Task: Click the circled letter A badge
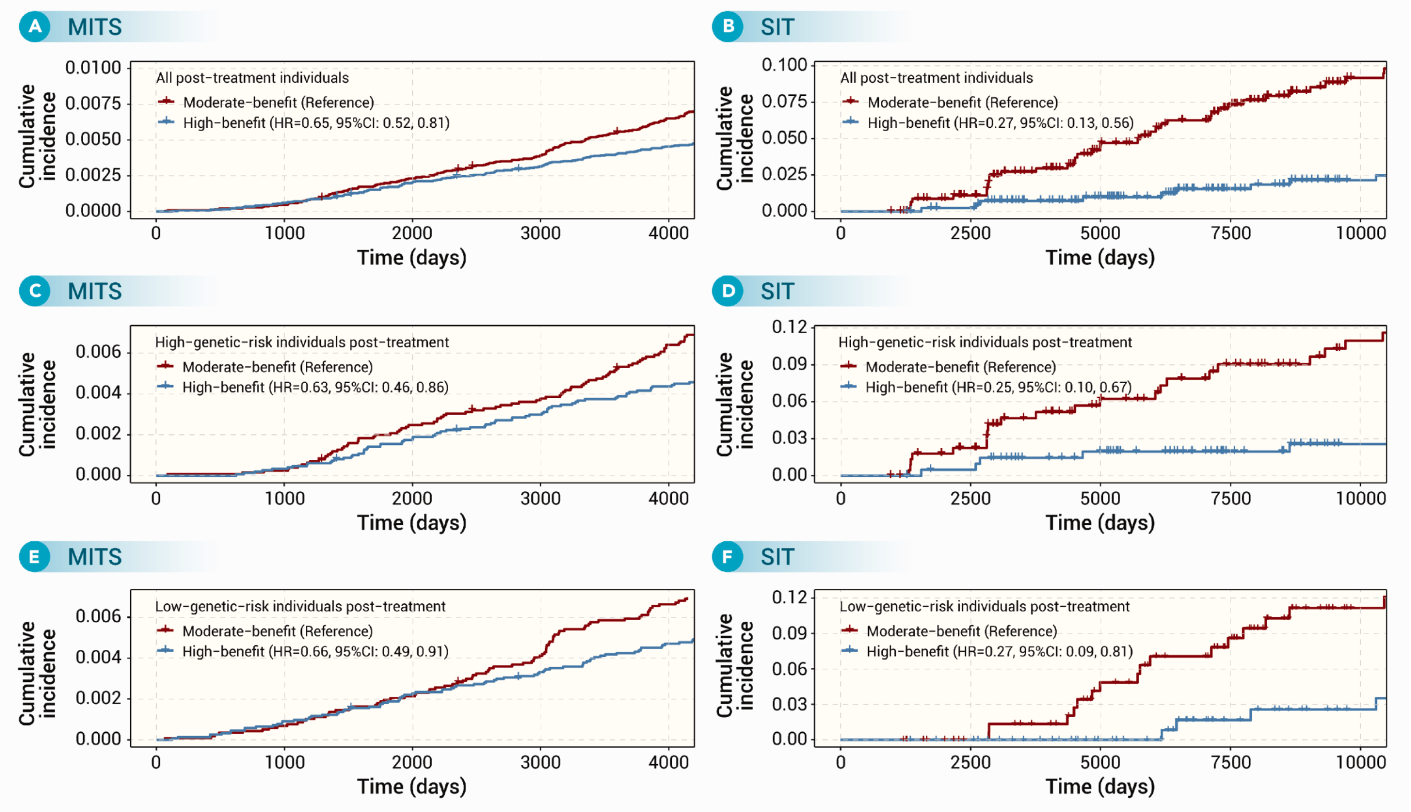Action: pyautogui.click(x=35, y=26)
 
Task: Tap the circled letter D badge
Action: pyautogui.click(x=728, y=291)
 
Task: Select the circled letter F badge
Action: pyautogui.click(x=728, y=556)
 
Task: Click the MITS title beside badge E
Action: pyautogui.click(x=95, y=557)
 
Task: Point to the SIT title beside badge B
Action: pyautogui.click(x=777, y=27)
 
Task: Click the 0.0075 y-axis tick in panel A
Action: pyautogui.click(x=93, y=103)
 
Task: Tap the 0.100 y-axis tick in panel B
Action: pyautogui.click(x=784, y=64)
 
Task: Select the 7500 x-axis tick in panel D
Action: pyautogui.click(x=1230, y=498)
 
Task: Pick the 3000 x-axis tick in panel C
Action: pyautogui.click(x=540, y=498)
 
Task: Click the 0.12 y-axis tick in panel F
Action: pyautogui.click(x=789, y=598)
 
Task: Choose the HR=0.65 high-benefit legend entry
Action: pyautogui.click(x=304, y=123)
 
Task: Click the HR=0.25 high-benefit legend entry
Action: pyautogui.click(x=985, y=387)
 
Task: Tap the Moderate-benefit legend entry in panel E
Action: pyautogui.click(x=265, y=631)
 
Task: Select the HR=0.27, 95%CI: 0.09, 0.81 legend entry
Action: pyautogui.click(x=987, y=651)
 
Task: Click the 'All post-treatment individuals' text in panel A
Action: pyautogui.click(x=252, y=78)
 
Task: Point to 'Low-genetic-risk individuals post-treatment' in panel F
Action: pyautogui.click(x=984, y=606)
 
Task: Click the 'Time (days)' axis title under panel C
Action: pyautogui.click(x=411, y=523)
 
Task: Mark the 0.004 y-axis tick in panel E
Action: pyautogui.click(x=99, y=657)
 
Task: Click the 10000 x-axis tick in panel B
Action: pyautogui.click(x=1360, y=233)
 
